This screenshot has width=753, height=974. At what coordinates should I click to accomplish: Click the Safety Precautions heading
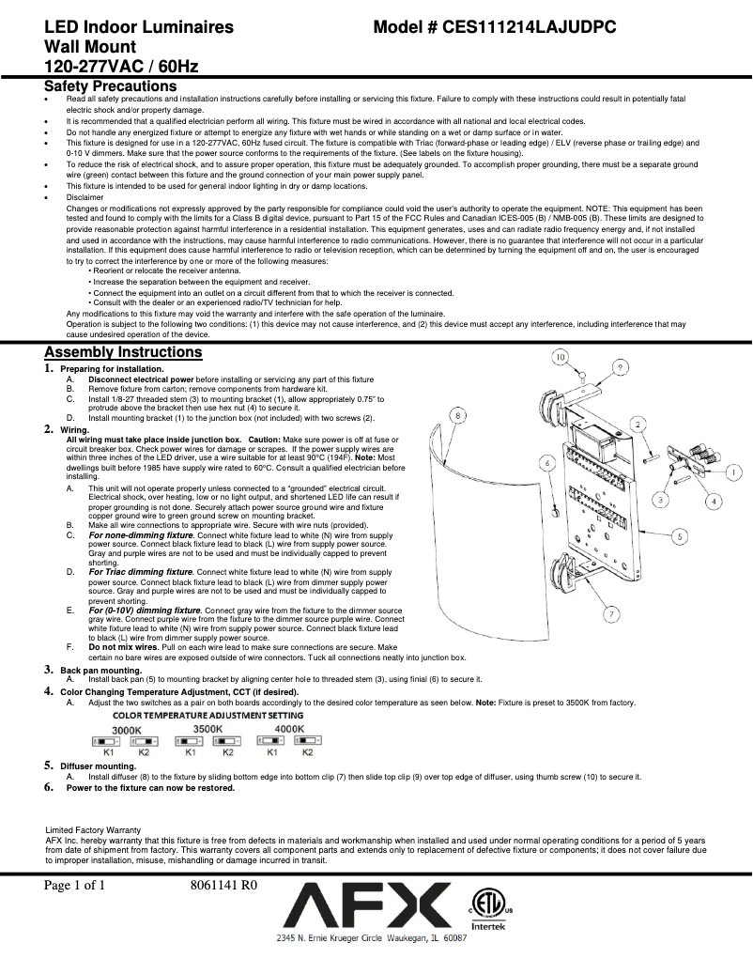tap(111, 86)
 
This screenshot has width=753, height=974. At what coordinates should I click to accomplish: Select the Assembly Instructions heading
tap(123, 352)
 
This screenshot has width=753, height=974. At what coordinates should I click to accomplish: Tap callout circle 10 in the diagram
tap(560, 357)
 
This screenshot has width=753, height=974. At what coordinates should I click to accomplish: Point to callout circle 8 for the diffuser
tap(456, 414)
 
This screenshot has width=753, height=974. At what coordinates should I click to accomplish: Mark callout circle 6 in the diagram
tap(546, 463)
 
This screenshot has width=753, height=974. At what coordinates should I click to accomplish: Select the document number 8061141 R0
tap(223, 886)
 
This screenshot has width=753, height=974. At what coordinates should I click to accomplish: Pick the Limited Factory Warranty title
tap(94, 830)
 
